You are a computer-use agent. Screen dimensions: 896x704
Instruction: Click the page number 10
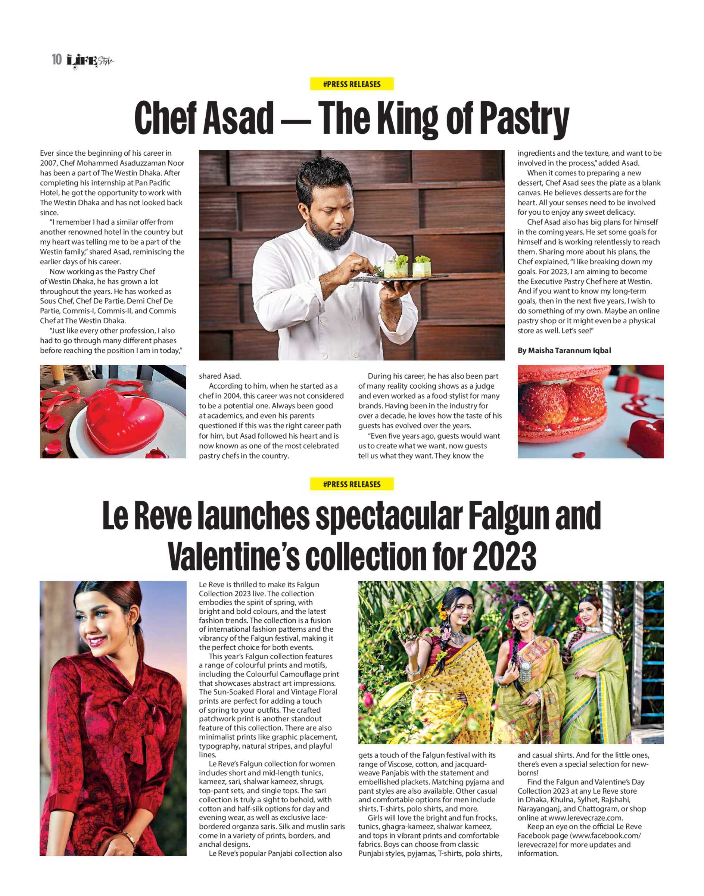[x=56, y=59]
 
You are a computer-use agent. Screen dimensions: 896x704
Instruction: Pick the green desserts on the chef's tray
[x=406, y=266]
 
